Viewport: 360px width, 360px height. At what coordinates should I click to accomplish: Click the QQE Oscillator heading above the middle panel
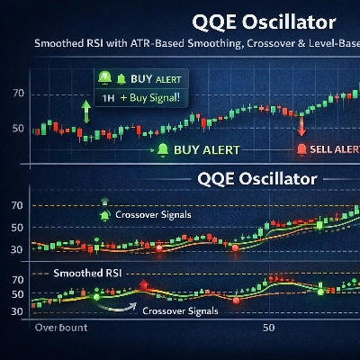tap(256, 178)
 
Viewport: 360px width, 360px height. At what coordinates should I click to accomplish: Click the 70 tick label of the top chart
tap(17, 94)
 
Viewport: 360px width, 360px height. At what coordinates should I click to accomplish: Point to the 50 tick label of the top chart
tap(17, 127)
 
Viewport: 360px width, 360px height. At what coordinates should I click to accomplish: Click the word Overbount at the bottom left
tap(60, 329)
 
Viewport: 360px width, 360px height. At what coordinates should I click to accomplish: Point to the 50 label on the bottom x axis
tap(267, 329)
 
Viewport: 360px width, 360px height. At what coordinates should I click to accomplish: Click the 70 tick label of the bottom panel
tap(17, 280)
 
